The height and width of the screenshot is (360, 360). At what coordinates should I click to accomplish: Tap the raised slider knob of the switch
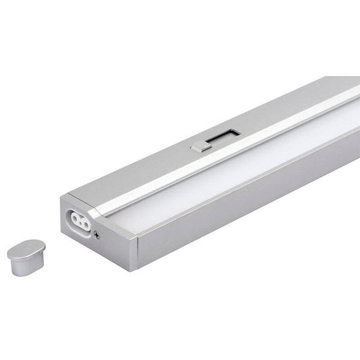pos(197,145)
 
